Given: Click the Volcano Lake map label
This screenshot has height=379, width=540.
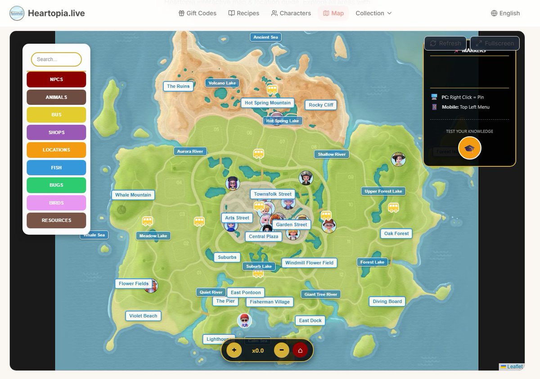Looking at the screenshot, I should pyautogui.click(x=222, y=83).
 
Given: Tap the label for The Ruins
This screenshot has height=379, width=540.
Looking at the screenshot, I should pyautogui.click(x=178, y=86).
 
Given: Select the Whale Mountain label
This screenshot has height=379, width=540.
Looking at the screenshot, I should pyautogui.click(x=133, y=195).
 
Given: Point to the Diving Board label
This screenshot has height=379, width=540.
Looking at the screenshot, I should pyautogui.click(x=387, y=302).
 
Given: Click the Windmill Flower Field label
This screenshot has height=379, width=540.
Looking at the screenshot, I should pyautogui.click(x=309, y=263).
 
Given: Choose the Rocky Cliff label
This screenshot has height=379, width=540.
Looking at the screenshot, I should pyautogui.click(x=321, y=105).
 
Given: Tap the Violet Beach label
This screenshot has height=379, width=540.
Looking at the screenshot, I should pyautogui.click(x=143, y=316).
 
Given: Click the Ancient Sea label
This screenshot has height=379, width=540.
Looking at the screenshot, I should pyautogui.click(x=265, y=37).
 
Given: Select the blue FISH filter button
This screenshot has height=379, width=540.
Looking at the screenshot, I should pyautogui.click(x=56, y=167).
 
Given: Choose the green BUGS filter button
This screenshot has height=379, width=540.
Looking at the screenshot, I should pyautogui.click(x=56, y=185).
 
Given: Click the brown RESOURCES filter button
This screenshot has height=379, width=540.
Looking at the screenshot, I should pyautogui.click(x=56, y=221).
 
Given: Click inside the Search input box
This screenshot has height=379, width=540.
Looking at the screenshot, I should pyautogui.click(x=56, y=59).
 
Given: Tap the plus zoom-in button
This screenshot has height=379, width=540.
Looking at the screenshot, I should pyautogui.click(x=234, y=350).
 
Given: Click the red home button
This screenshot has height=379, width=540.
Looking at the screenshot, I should pyautogui.click(x=300, y=350).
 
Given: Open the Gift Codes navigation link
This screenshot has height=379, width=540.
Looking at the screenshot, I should pyautogui.click(x=198, y=13).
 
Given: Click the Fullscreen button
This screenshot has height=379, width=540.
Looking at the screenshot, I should pyautogui.click(x=495, y=43).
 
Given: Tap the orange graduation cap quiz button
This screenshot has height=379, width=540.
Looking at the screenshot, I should pyautogui.click(x=469, y=148).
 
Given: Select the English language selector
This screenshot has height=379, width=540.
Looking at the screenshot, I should pyautogui.click(x=505, y=13).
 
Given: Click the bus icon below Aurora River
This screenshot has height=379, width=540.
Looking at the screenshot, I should pyautogui.click(x=258, y=154).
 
